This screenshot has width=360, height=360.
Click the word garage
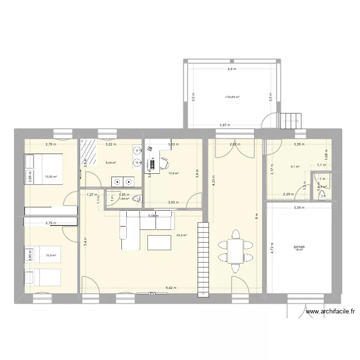click(x=299, y=247)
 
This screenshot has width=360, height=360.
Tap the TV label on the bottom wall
click(x=152, y=293)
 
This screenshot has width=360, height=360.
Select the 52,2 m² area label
click(x=181, y=235)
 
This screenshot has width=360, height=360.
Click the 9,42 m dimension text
click(x=171, y=288)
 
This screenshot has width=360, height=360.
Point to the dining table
click(x=235, y=251)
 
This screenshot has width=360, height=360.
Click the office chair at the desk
click(x=163, y=160)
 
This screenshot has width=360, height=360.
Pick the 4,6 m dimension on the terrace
click(x=232, y=69)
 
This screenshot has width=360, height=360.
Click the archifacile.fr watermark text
click(x=330, y=312)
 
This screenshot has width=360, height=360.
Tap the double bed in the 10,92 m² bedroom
click(x=44, y=169)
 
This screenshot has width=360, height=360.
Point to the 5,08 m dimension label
click(x=152, y=216)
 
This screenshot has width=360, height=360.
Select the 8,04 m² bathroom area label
click(x=111, y=163)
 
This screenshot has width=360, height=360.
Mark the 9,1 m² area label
click(x=295, y=167)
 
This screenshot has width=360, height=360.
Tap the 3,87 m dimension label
click(x=225, y=125)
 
